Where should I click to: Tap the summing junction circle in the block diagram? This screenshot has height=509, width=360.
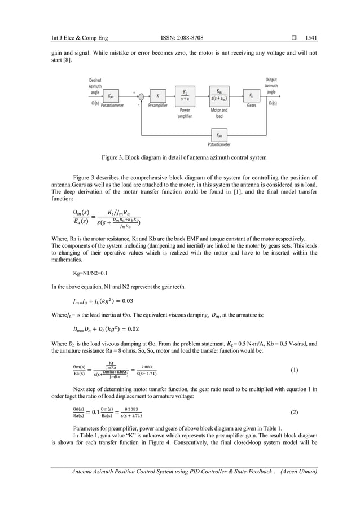tap(142, 96)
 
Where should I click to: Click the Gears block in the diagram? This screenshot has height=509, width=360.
tap(252, 96)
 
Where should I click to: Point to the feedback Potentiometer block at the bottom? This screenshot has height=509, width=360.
tap(218, 135)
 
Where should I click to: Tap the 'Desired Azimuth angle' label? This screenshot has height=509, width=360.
tap(95, 85)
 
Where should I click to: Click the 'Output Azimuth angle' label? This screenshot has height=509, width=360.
tap(271, 85)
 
